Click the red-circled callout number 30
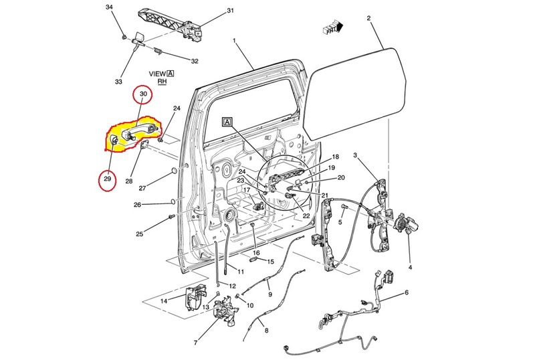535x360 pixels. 143,93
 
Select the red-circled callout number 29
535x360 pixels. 108,179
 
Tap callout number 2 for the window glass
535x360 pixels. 368,18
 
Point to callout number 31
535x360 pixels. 230,11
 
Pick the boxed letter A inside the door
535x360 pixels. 227,122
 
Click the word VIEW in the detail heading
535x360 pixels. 158,74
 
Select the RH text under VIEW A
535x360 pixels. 162,82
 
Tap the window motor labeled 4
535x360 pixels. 406,225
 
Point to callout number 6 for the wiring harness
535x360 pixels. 407,292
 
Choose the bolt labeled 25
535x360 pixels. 171,217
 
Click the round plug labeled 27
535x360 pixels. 174,171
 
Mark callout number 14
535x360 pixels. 164,301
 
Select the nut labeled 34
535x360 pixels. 125,36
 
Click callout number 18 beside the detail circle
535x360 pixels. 336,157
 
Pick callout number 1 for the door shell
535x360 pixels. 235,41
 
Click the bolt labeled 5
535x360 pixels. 344,207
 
